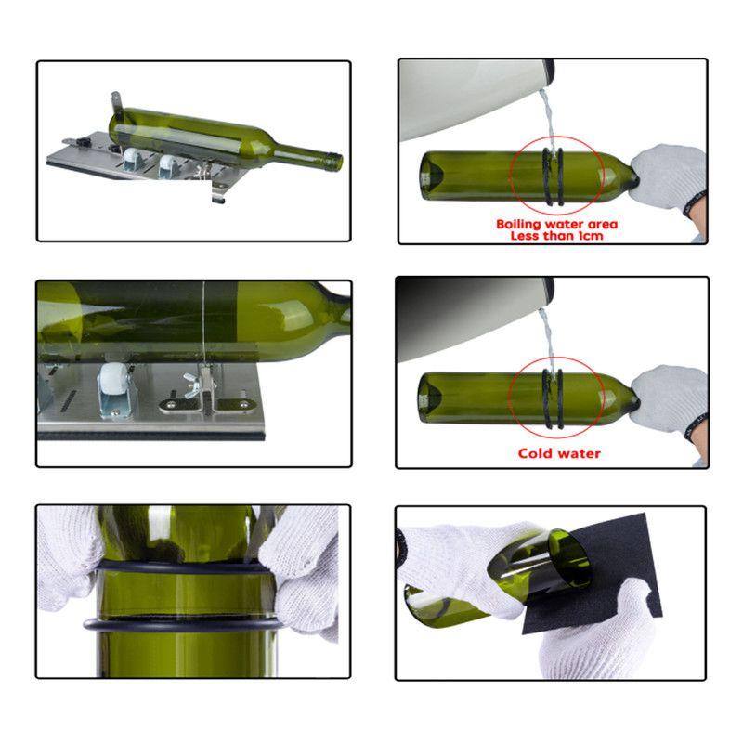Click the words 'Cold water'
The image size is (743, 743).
[559, 453]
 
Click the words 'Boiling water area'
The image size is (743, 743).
[556, 224]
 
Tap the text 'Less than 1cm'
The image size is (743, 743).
[556, 236]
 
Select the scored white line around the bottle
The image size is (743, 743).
[202, 320]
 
